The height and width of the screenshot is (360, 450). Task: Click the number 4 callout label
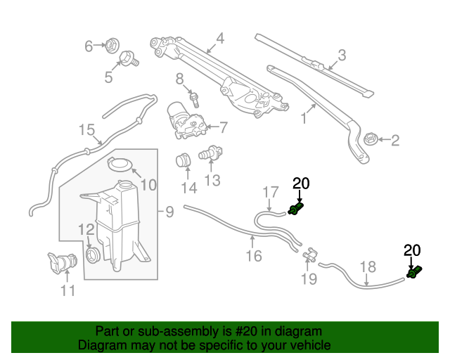219,39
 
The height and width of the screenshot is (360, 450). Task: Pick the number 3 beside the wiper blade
342,55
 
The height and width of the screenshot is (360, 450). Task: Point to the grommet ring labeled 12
91,253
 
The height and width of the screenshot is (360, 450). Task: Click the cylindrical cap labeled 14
184,160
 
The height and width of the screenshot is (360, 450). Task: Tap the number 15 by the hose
86,130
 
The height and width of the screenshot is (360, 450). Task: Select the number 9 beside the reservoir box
169,211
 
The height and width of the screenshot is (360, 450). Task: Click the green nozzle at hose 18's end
414,271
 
